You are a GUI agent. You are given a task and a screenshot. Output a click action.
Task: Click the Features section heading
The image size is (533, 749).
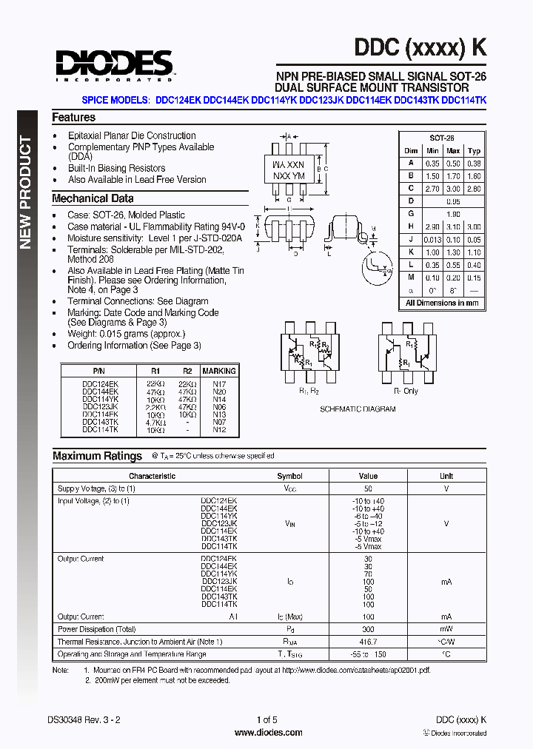click(73, 118)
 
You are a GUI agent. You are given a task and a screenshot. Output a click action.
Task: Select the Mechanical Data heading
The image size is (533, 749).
click(93, 198)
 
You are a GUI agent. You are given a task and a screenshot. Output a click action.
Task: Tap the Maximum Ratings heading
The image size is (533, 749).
click(97, 456)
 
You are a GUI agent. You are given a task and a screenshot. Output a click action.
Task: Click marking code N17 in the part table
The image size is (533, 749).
click(219, 384)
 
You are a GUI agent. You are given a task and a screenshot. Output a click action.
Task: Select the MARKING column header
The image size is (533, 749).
click(219, 371)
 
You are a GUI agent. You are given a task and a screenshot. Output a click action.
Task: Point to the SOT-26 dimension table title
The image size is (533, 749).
click(442, 138)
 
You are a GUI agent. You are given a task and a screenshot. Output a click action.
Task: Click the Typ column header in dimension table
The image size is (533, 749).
click(474, 151)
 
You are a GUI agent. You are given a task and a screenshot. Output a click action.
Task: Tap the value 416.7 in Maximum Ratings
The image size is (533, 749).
click(368, 642)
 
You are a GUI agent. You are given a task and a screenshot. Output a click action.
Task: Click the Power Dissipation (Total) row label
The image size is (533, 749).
click(97, 629)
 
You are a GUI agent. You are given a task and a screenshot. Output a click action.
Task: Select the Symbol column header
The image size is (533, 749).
click(289, 476)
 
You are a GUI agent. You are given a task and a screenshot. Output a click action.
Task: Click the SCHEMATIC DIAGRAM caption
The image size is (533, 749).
click(358, 409)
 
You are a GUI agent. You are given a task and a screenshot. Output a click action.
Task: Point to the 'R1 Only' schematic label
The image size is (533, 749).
click(406, 390)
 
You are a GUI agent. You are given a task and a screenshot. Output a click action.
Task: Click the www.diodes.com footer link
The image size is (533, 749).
click(267, 733)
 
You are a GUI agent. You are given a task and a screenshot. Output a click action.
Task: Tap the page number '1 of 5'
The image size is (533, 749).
click(266, 719)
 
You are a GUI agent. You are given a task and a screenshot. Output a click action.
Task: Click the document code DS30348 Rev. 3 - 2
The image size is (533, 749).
click(84, 719)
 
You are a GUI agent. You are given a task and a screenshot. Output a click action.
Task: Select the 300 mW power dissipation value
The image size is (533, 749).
click(368, 629)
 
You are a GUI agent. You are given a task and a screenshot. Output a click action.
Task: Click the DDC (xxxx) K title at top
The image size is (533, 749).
click(420, 47)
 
